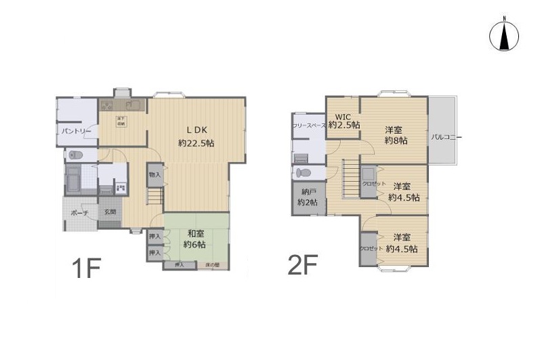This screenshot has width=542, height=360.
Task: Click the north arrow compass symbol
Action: (503, 37)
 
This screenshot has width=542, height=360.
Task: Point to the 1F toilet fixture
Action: (75, 155)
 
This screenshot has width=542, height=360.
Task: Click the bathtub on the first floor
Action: (73, 181)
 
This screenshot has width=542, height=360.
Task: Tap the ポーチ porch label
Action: (80, 213)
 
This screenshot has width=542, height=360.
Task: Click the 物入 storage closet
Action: (154, 175)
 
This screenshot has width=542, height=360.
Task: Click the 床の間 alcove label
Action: (213, 264)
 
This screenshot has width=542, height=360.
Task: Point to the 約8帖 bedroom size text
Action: (394, 140)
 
